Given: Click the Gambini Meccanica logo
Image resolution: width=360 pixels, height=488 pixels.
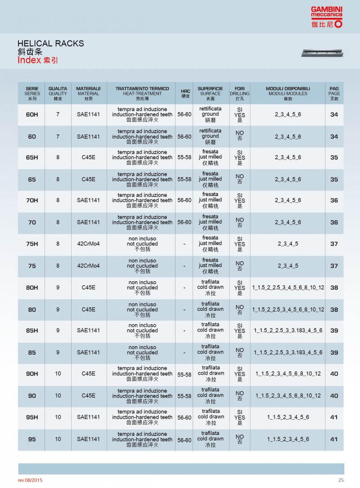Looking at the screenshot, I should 326,18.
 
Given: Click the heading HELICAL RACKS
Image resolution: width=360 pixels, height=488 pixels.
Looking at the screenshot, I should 50,44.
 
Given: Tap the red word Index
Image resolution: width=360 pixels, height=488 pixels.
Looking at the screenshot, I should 29,60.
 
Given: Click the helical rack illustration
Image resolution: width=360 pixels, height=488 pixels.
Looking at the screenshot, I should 322,54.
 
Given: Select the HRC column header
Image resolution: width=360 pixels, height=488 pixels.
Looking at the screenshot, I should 185,94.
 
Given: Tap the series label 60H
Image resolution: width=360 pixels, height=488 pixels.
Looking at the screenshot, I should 32,115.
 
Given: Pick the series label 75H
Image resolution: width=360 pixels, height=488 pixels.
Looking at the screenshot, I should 32,244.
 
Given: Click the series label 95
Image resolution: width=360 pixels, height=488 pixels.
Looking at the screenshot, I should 32,439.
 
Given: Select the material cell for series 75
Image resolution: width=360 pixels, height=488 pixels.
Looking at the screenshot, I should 88,266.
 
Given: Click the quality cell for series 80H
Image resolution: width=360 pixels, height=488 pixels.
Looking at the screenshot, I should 58,287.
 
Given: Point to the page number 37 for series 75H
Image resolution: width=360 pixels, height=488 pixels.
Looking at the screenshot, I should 334,244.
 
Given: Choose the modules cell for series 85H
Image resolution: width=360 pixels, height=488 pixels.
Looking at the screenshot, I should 288,331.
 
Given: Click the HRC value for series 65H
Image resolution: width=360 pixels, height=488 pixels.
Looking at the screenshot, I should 184,158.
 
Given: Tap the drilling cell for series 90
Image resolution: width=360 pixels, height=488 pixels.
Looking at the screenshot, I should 240,396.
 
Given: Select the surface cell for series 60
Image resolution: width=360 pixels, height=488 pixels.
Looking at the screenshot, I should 210,136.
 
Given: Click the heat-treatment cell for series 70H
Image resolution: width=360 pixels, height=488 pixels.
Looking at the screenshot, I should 142,201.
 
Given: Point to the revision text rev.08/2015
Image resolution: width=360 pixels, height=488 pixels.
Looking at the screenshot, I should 31,480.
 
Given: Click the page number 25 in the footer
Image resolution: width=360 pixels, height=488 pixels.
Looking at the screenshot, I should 341,480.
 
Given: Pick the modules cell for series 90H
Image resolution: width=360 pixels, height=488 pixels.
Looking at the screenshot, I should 288,374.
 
